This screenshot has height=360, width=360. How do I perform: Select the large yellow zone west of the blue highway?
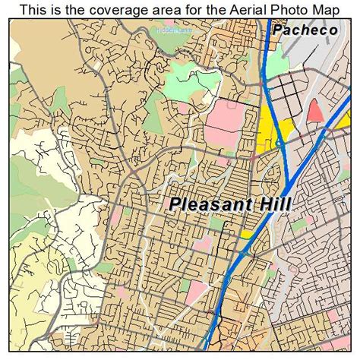[x=270, y=133]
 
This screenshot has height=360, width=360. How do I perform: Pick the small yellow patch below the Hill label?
[x=247, y=235]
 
